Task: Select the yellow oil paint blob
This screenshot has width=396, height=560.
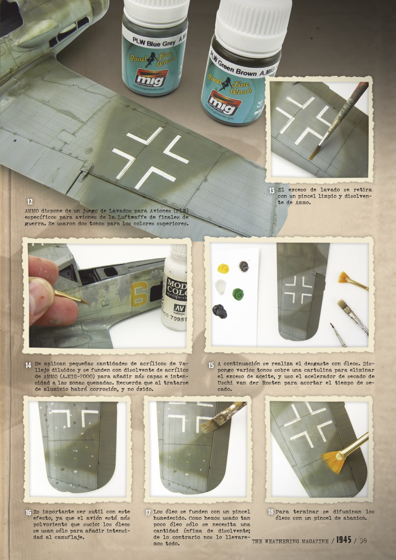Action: click(224, 267)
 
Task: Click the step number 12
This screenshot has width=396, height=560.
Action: click(30, 202)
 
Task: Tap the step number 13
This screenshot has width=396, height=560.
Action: click(272, 191)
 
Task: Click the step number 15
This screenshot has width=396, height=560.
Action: click(211, 364)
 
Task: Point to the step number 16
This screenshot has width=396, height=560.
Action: click(28, 512)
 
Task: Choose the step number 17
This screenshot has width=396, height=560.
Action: click(148, 512)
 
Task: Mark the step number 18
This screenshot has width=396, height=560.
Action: click(271, 511)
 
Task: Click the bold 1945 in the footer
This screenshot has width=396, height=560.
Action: click(344, 541)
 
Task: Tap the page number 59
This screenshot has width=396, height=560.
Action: click(363, 541)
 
